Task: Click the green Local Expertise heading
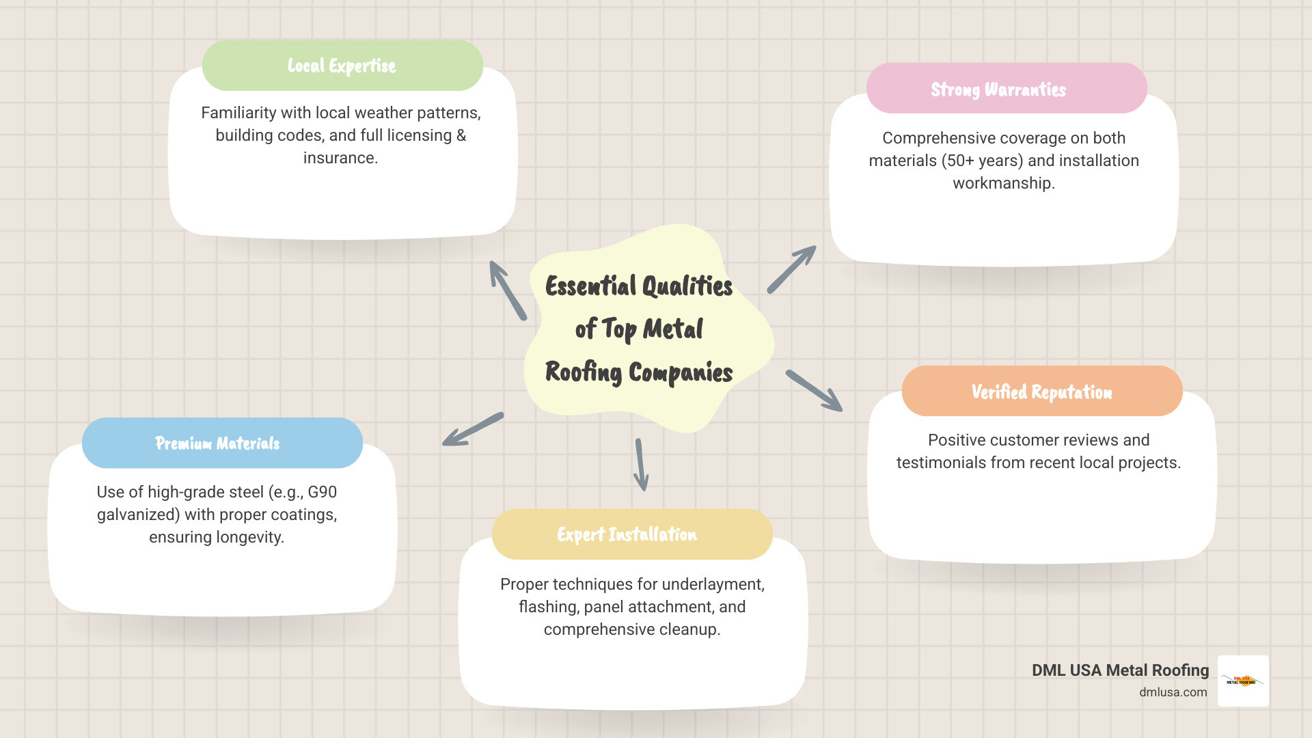[342, 66]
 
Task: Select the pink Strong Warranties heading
[998, 90]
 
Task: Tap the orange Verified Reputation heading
[1041, 392]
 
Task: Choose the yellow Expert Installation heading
[627, 534]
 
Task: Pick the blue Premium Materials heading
[217, 443]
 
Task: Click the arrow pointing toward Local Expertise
[508, 290]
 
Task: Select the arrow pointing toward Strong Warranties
[791, 270]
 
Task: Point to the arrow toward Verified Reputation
[814, 391]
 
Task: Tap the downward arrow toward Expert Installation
[641, 465]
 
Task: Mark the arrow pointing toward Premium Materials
[473, 429]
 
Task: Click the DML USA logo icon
[1243, 681]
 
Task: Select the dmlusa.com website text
[1173, 692]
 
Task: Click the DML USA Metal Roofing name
[1120, 670]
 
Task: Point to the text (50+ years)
[982, 161]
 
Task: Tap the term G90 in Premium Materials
[322, 492]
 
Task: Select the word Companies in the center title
[680, 373]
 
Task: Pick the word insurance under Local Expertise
[339, 158]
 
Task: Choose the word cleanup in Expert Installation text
[691, 629]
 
